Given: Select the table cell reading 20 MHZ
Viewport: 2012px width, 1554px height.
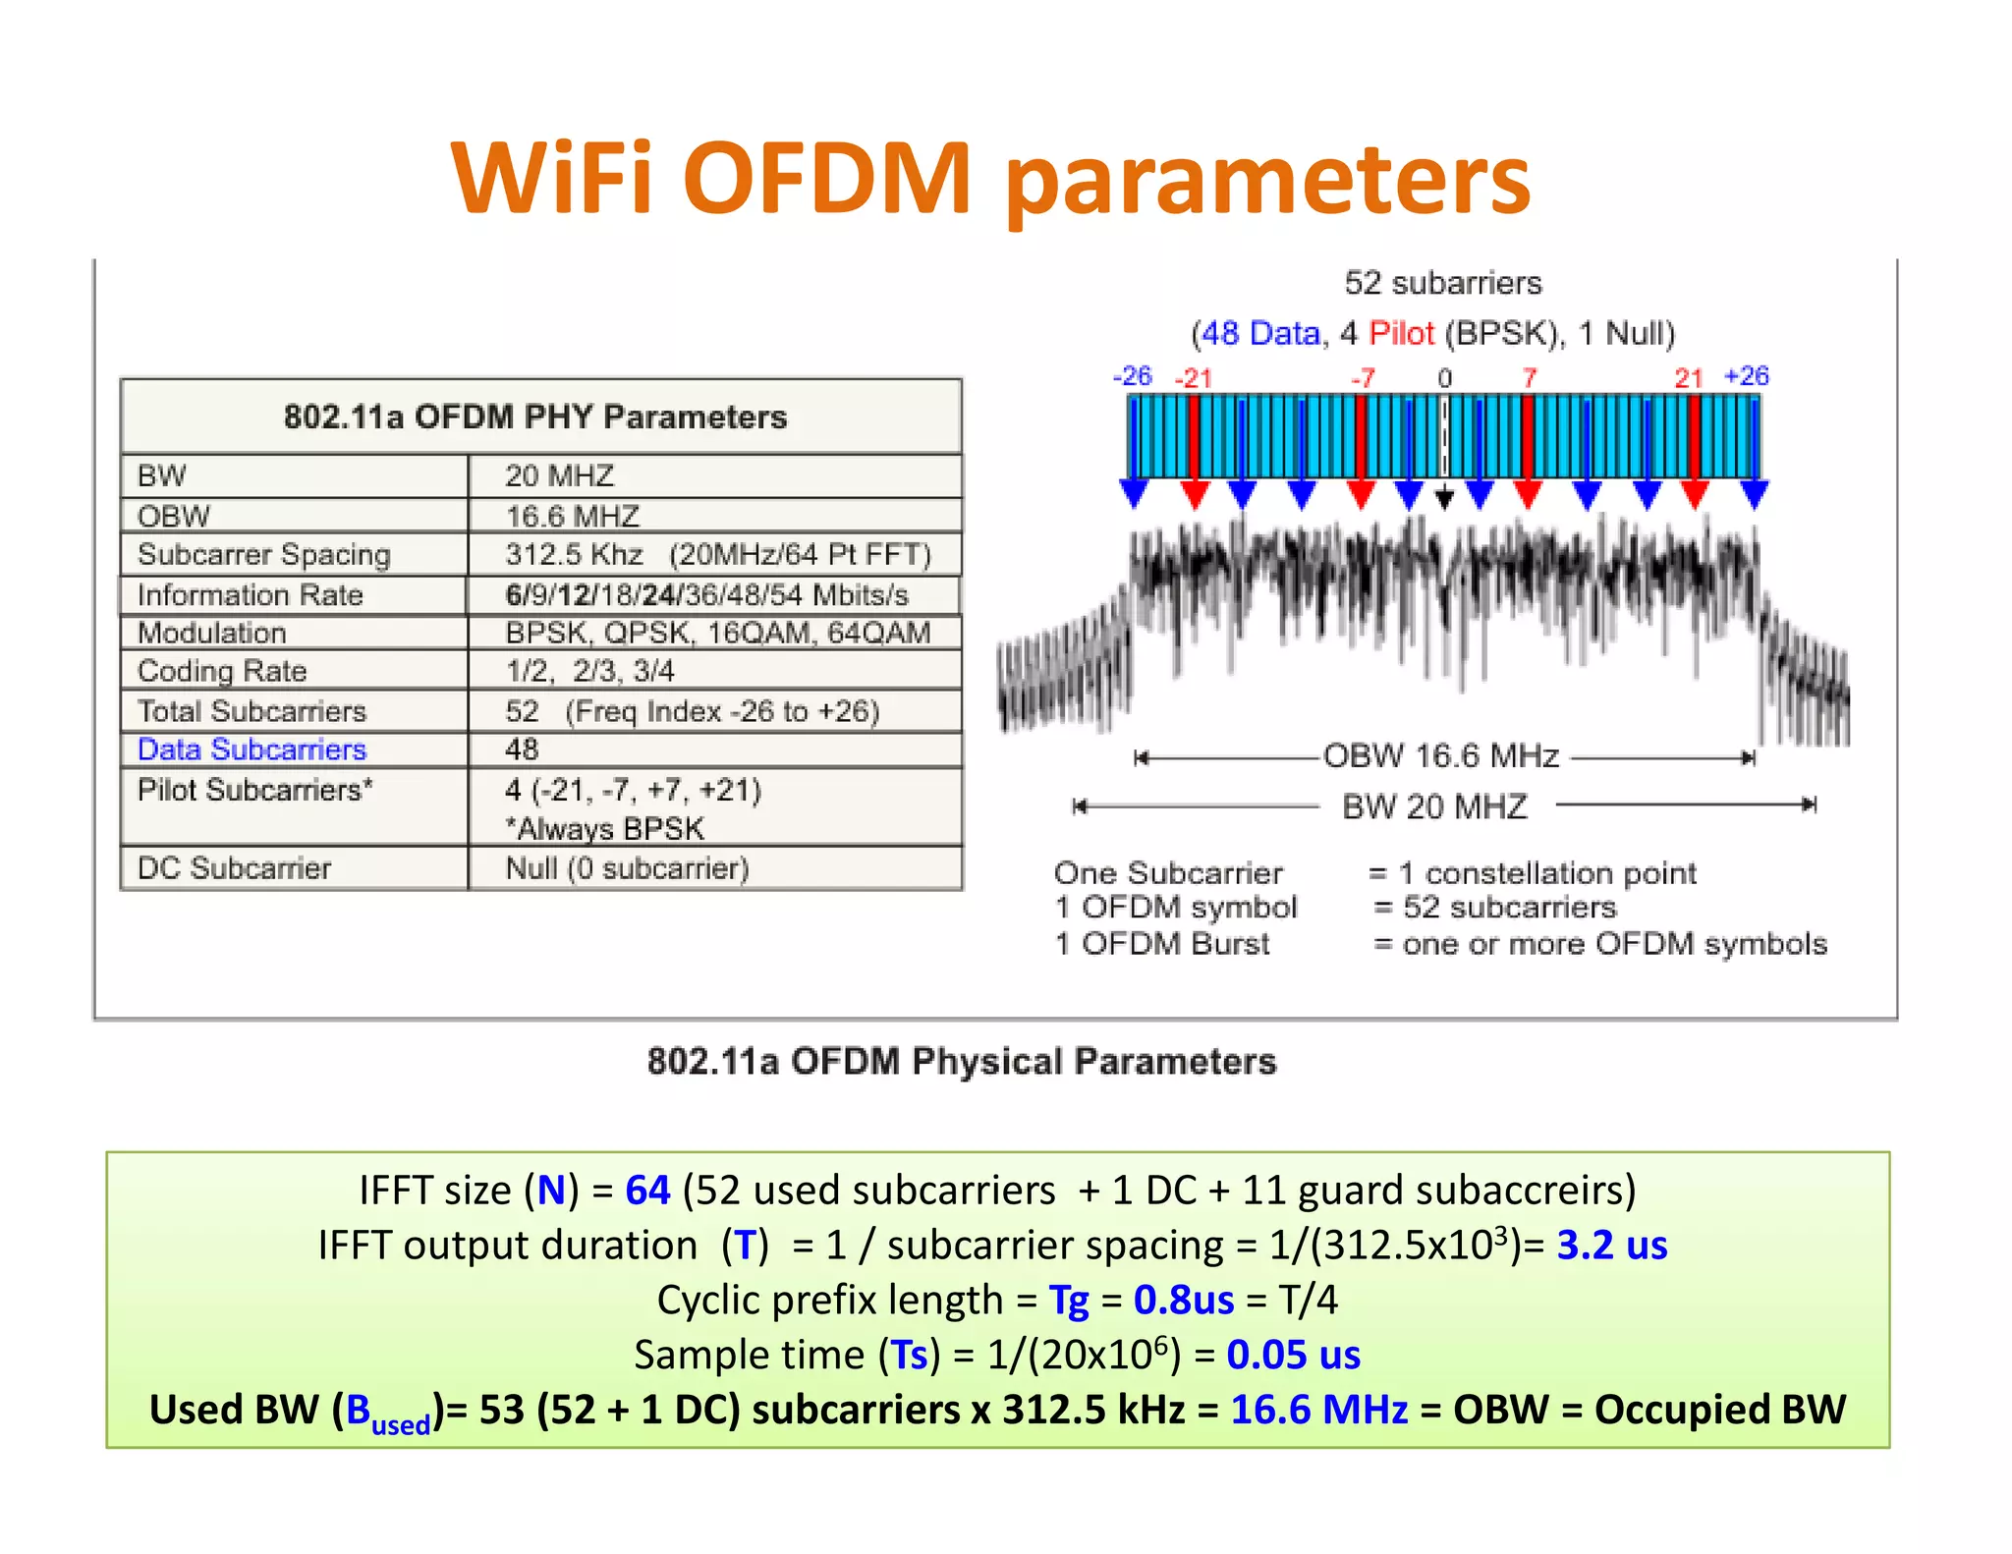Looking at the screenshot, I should [559, 475].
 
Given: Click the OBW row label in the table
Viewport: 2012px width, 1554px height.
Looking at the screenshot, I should [174, 516].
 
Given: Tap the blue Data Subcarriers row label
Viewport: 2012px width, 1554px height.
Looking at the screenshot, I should [251, 749].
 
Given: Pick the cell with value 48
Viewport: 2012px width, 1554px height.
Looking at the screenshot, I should [522, 749].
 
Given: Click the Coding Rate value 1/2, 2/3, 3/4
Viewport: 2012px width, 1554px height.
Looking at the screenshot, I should [589, 671].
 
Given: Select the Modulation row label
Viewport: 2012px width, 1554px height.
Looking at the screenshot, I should [212, 633].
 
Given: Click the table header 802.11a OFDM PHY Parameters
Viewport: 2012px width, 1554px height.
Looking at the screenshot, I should [535, 416].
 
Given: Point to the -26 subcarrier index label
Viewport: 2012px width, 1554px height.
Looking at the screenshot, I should [1132, 376].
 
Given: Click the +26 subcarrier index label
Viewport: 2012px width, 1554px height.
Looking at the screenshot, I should [1746, 376].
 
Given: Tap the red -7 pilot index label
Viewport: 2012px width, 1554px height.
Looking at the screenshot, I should [1363, 378].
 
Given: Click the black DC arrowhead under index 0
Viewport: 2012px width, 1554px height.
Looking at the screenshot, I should [1444, 499].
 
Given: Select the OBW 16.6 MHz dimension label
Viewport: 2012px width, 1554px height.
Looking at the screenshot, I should [1441, 755].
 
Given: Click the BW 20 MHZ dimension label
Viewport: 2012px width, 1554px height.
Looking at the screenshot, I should [1434, 806].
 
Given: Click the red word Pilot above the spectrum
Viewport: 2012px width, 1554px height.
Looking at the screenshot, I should [1402, 334].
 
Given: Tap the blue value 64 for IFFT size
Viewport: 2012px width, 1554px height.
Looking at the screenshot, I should [647, 1191].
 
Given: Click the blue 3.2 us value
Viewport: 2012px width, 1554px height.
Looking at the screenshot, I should [1611, 1246].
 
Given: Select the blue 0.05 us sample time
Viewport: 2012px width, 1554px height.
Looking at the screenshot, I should [1293, 1356].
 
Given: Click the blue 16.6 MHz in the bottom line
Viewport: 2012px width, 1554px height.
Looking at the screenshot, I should [1318, 1411].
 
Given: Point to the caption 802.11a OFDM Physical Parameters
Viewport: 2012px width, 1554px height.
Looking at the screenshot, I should [961, 1062].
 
